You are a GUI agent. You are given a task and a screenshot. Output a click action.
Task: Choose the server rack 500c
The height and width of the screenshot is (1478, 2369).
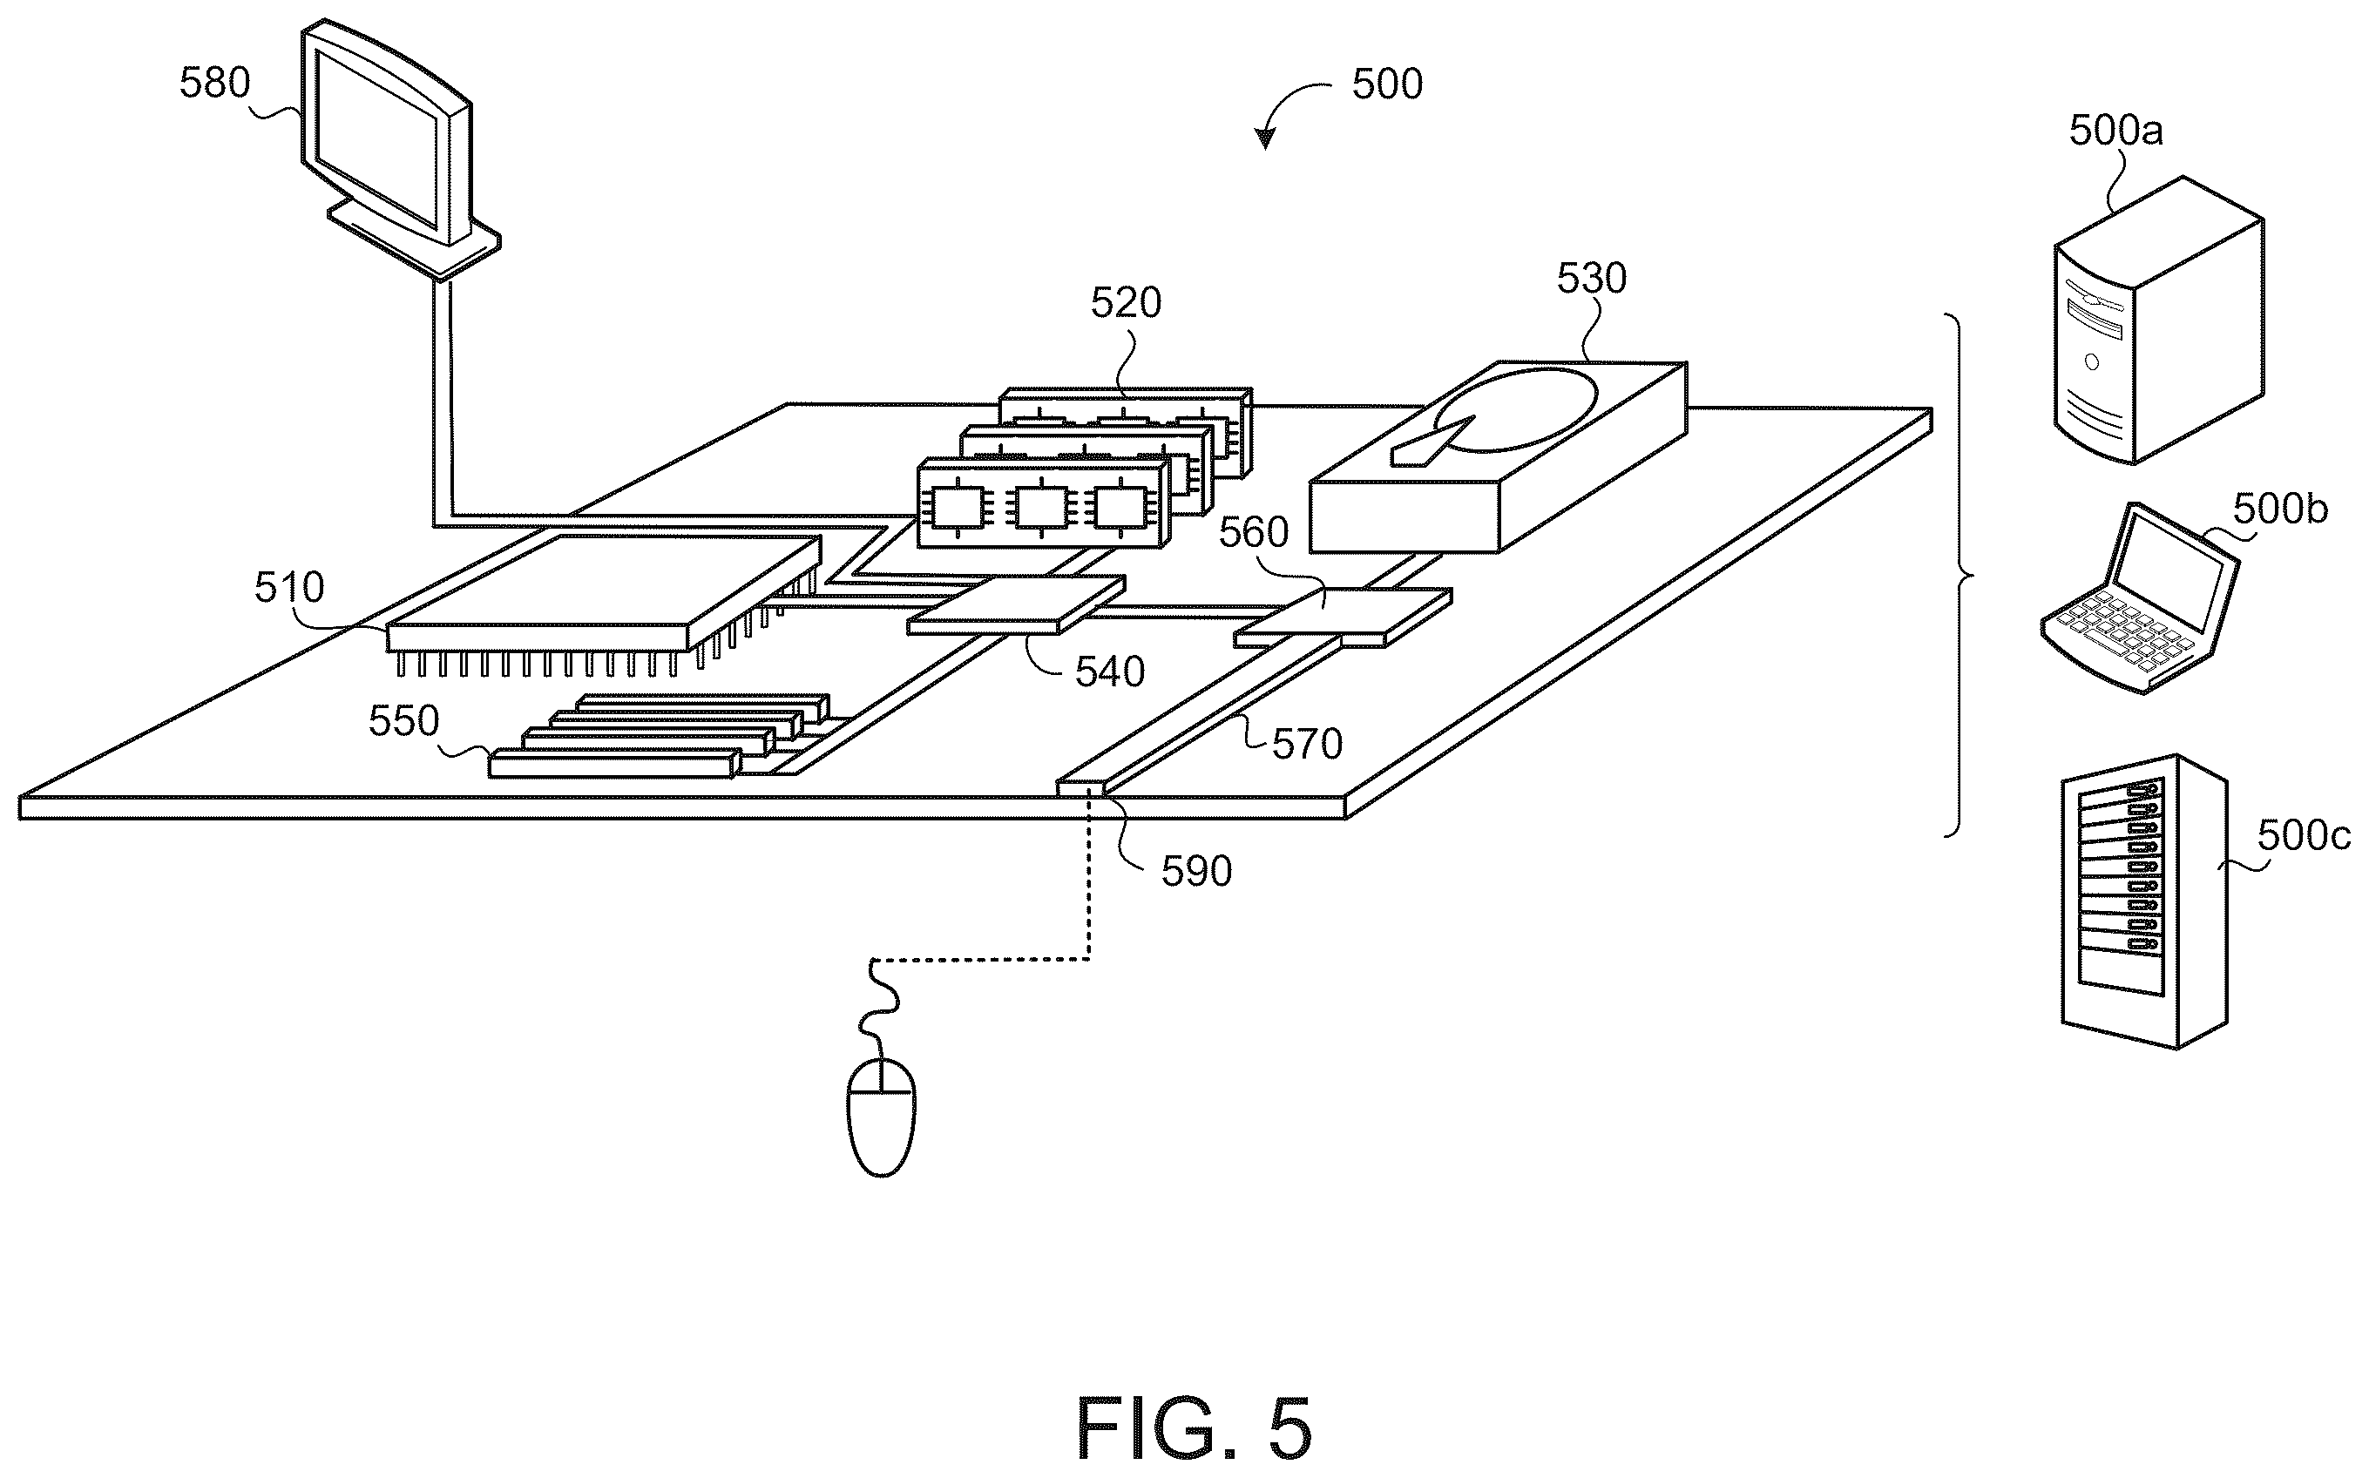[2144, 901]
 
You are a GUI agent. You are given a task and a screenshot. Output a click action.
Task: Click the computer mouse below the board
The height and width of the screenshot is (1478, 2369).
[881, 1116]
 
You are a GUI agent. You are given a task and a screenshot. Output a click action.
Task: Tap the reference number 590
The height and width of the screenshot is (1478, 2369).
[1195, 871]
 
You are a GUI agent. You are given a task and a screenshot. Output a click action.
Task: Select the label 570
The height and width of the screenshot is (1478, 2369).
[1307, 744]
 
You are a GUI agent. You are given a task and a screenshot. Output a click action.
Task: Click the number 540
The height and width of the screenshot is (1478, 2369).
[1110, 672]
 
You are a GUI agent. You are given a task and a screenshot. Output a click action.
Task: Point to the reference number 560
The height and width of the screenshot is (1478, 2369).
[1255, 533]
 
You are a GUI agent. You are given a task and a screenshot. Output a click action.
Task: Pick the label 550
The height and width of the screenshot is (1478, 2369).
[403, 721]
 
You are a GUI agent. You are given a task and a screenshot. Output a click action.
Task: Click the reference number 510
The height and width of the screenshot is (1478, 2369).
[289, 588]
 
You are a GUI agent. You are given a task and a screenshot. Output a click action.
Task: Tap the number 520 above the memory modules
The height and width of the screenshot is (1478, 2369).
[1127, 303]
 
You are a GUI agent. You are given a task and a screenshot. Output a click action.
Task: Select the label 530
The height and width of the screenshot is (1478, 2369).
[1592, 279]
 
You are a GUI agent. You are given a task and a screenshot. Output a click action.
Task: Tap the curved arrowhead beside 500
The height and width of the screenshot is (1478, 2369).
[1265, 138]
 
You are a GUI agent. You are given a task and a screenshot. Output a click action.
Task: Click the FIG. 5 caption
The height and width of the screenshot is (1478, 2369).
[1194, 1428]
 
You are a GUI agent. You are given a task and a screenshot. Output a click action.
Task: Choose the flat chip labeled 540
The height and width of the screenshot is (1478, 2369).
[1016, 605]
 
